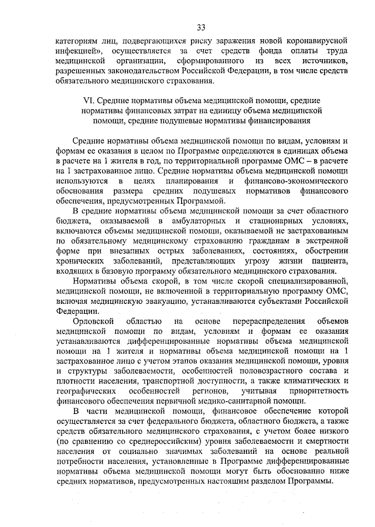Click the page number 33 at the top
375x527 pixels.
coord(201,28)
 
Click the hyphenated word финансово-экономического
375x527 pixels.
coord(285,182)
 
